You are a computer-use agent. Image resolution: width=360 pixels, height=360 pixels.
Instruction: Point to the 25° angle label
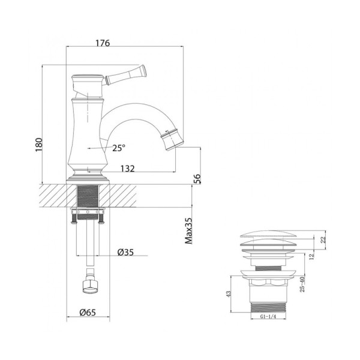(119, 148)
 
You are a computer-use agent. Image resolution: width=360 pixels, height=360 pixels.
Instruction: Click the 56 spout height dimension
(196, 179)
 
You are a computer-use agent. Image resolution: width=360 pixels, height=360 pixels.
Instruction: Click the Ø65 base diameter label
(89, 312)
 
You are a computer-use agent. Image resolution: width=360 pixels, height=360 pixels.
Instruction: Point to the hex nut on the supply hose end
(90, 286)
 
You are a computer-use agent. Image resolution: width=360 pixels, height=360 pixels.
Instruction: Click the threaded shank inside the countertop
(88, 195)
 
